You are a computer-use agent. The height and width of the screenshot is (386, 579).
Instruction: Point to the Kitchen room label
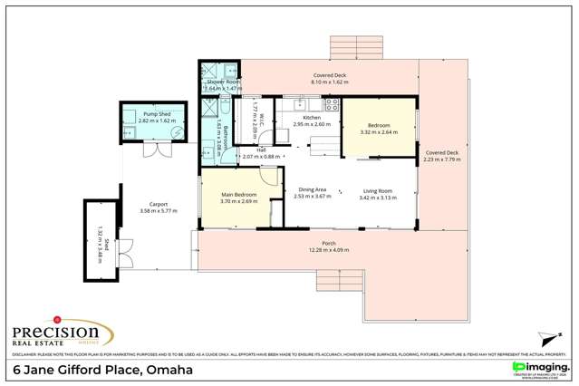click(x=312, y=119)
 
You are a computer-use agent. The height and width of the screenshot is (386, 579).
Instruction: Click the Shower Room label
click(x=221, y=82)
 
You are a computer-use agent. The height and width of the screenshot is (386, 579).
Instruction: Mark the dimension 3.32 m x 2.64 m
click(x=378, y=132)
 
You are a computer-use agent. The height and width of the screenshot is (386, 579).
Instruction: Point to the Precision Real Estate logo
click(x=56, y=332)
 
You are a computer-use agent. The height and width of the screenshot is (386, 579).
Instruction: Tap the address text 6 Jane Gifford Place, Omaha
click(x=101, y=371)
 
